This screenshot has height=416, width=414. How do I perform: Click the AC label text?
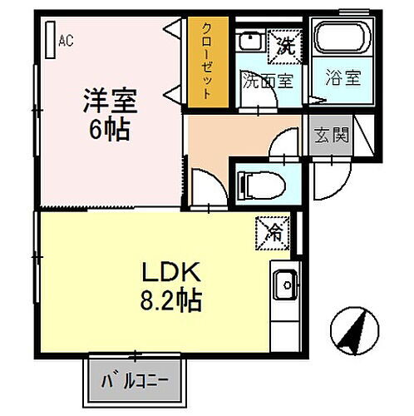(67, 40)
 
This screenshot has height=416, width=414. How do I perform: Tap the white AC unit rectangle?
(52, 39)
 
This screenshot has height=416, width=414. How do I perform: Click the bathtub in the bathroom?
(341, 42)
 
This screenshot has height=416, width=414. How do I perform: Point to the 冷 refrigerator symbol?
(271, 230)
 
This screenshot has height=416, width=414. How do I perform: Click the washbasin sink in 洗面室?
(248, 42)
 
